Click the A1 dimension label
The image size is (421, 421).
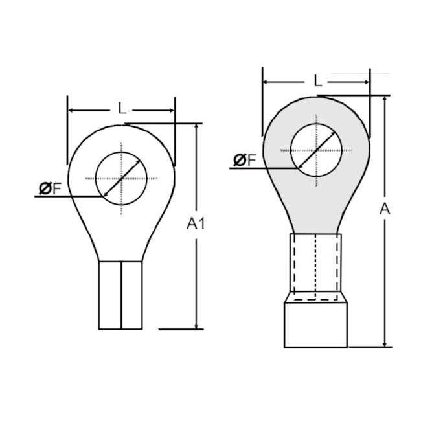196,223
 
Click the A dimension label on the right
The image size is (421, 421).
385,209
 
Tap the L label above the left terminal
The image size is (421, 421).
122,108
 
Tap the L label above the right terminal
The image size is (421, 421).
317,80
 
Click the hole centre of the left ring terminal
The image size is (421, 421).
121,178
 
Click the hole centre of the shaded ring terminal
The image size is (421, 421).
315,150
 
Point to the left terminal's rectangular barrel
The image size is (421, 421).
120,295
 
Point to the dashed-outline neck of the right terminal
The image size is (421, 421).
315,266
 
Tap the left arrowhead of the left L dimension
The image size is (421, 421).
71,110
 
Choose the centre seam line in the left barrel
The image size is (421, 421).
120,295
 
